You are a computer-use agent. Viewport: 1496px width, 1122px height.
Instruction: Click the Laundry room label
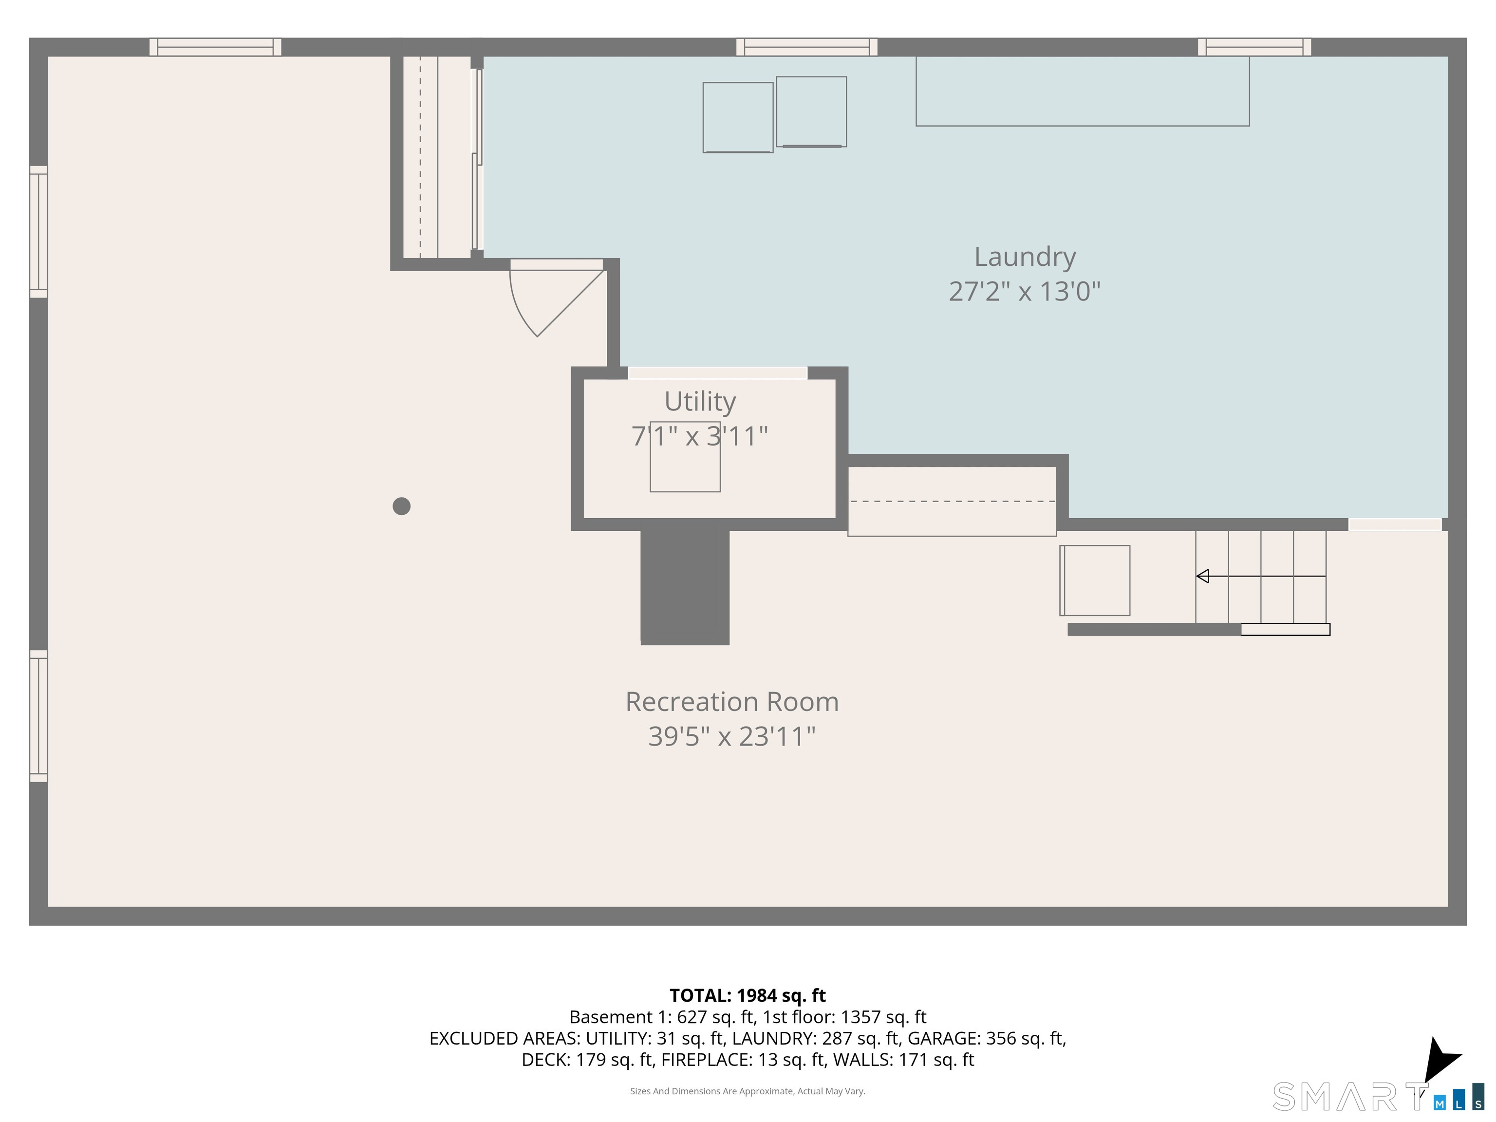1024,257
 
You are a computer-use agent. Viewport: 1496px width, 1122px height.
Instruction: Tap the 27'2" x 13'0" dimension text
1024,292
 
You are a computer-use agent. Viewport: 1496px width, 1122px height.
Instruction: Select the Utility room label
699,401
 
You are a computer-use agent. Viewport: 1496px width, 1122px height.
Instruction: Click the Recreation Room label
732,701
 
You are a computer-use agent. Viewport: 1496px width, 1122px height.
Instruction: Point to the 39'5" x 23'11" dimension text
732,736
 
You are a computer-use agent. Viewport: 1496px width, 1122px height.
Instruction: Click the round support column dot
402,506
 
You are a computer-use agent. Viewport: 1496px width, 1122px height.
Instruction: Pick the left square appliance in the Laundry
737,117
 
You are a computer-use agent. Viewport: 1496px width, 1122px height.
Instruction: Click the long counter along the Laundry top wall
1082,91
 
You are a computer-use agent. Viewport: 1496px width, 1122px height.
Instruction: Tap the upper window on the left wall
38,231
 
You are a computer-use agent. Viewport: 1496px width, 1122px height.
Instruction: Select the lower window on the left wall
38,715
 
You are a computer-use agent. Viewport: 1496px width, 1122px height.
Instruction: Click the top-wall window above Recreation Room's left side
215,47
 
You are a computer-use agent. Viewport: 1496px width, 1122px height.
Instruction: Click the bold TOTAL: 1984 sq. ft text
748,995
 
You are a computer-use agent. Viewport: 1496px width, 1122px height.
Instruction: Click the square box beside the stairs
1095,580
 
